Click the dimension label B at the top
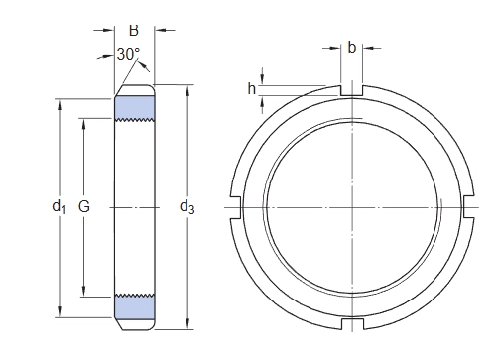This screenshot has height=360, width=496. [x=134, y=30]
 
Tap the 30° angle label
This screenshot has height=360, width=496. [x=128, y=54]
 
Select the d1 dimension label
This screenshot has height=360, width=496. [x=60, y=206]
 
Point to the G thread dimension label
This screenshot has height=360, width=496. [x=84, y=206]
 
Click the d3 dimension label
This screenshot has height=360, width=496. [x=187, y=207]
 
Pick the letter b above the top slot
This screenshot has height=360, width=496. [x=352, y=48]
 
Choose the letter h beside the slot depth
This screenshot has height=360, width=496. [x=252, y=88]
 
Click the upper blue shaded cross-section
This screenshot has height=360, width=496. [x=135, y=108]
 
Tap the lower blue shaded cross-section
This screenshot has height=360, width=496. [x=135, y=306]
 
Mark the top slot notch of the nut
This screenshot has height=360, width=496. [x=352, y=90]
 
